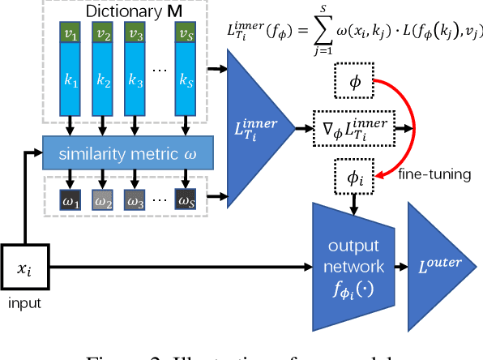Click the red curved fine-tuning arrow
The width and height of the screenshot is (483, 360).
[412, 122]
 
